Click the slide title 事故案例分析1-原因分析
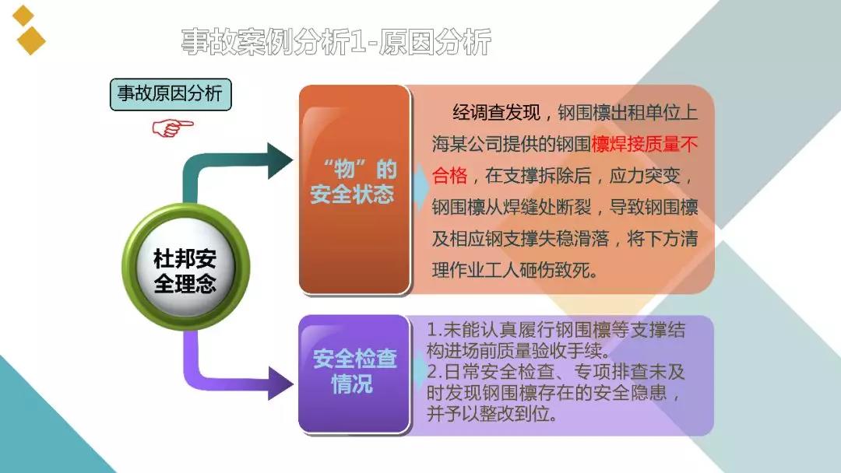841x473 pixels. (336, 42)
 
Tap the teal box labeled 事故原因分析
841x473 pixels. (171, 94)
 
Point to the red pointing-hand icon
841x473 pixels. (172, 128)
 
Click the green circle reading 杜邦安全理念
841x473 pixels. (185, 267)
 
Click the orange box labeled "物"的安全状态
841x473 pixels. (354, 189)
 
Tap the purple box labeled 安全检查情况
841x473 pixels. (354, 373)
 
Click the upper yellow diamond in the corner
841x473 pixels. (23, 16)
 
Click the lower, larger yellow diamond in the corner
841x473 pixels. (30, 40)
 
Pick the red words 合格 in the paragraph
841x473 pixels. (449, 176)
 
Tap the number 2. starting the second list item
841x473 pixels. (435, 372)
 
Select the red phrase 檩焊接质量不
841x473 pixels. (645, 145)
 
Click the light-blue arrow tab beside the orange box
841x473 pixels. (420, 185)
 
